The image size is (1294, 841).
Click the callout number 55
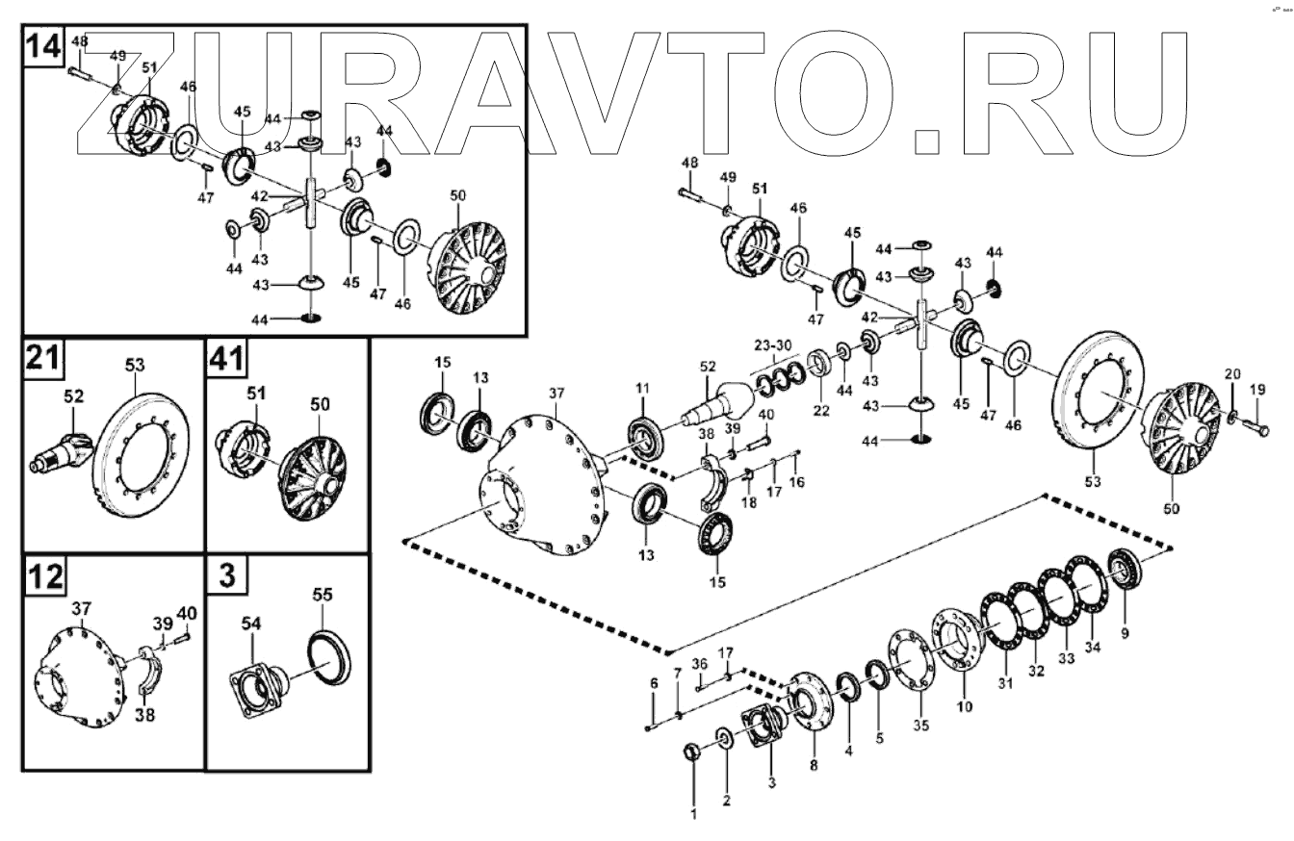pos(322,597)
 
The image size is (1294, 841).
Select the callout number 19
pos(1257,390)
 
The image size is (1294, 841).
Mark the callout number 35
pos(921,726)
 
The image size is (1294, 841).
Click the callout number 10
pos(965,706)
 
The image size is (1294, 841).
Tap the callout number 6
pos(654,682)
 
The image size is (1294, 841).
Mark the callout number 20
pos(1232,373)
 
